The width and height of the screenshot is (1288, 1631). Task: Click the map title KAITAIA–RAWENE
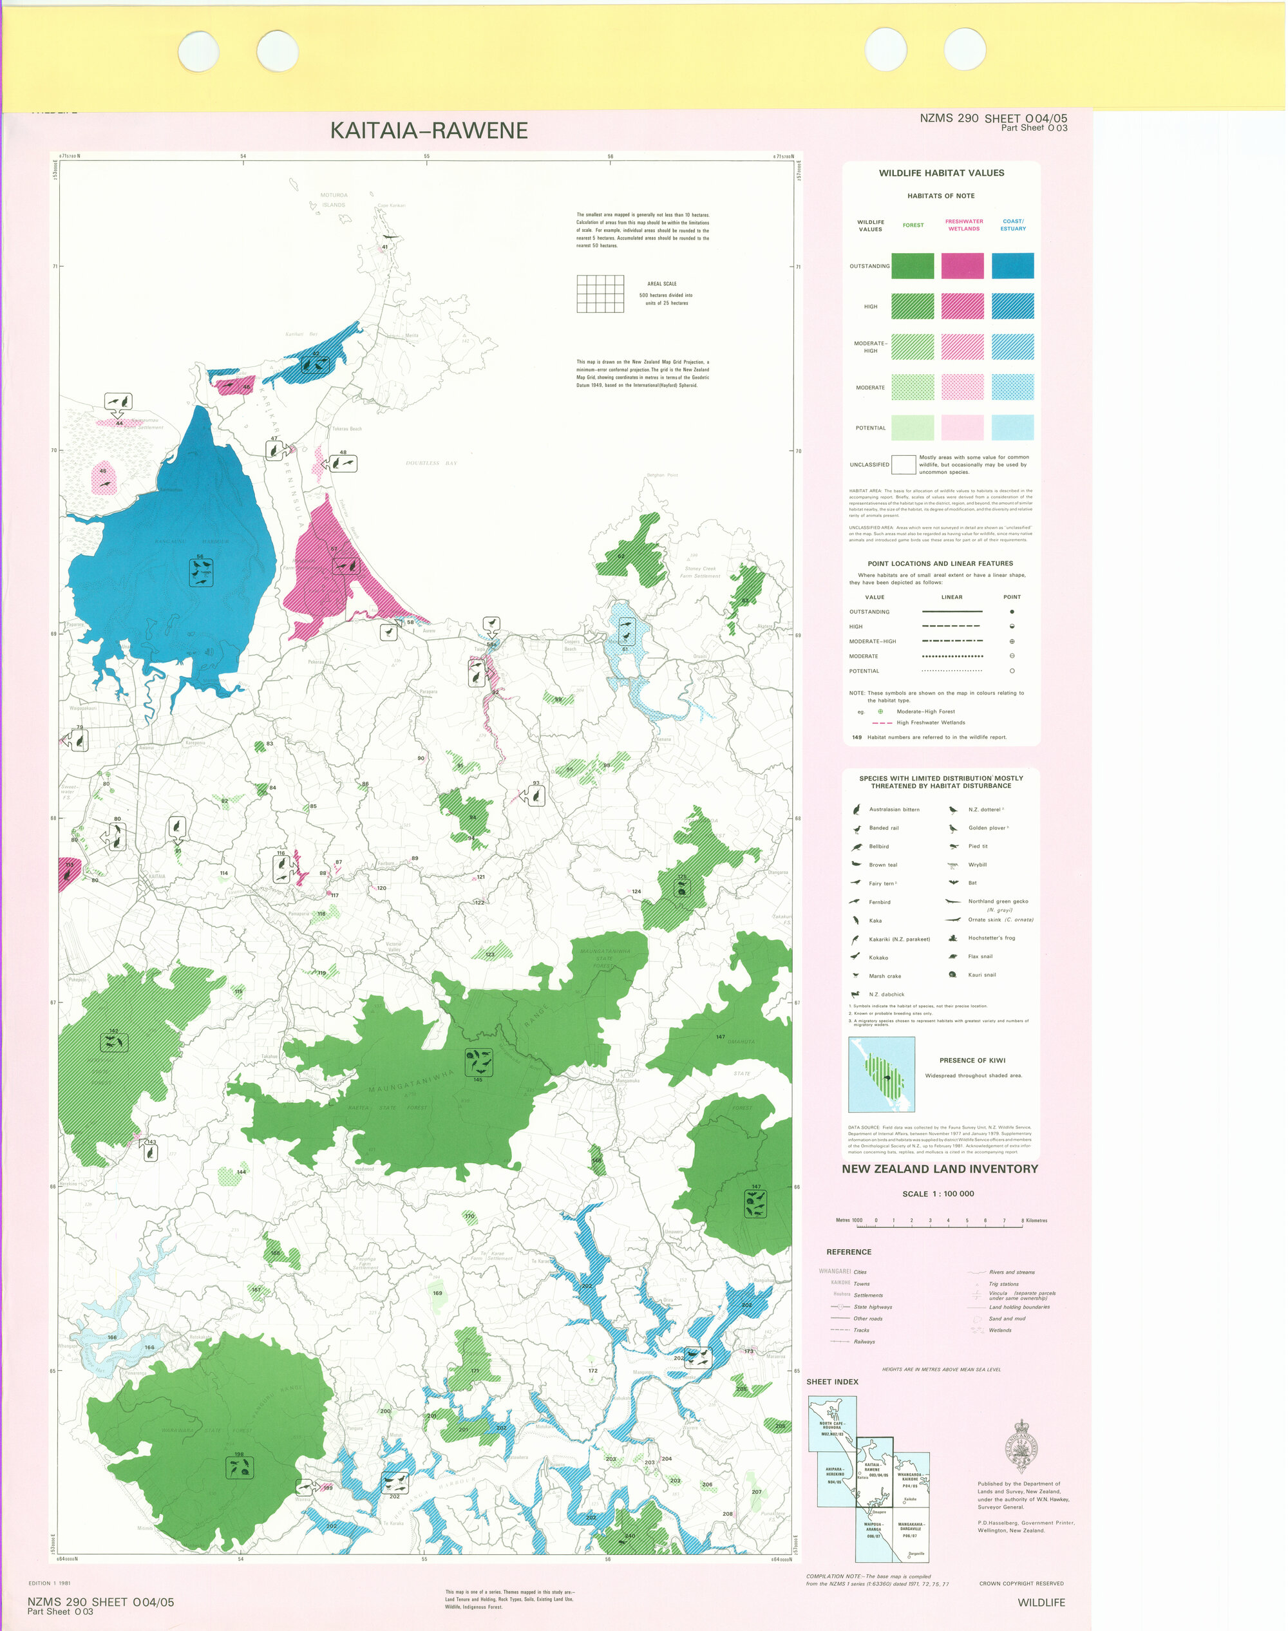pyautogui.click(x=428, y=131)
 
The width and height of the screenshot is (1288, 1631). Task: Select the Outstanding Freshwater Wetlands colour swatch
pyautogui.click(x=962, y=265)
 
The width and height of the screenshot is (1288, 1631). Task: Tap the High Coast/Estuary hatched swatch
pyautogui.click(x=1012, y=306)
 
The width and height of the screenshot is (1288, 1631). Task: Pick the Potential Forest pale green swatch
pyautogui.click(x=913, y=428)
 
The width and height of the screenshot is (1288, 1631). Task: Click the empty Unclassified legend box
pyautogui.click(x=903, y=464)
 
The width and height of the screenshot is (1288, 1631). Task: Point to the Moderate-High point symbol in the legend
pyautogui.click(x=1011, y=641)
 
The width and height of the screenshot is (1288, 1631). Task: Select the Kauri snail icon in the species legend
pyautogui.click(x=952, y=975)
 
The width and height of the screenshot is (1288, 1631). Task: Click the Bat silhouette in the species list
pyautogui.click(x=952, y=882)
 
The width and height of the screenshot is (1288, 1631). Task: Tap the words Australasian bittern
pyautogui.click(x=894, y=809)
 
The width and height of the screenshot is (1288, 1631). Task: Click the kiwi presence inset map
pyautogui.click(x=882, y=1074)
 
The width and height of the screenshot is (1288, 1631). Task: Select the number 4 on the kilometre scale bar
pyautogui.click(x=948, y=1220)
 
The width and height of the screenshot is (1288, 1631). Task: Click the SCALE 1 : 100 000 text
pyautogui.click(x=938, y=1194)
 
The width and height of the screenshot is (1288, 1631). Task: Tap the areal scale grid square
pyautogui.click(x=600, y=294)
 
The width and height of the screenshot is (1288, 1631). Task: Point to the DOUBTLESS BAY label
pyautogui.click(x=431, y=463)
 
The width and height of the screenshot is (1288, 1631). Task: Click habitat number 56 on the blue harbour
pyautogui.click(x=200, y=556)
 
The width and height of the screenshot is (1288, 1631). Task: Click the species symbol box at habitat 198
pyautogui.click(x=239, y=1467)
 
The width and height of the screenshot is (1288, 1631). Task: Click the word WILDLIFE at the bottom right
pyautogui.click(x=1041, y=1602)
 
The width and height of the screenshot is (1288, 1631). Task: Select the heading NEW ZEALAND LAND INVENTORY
pyautogui.click(x=940, y=1169)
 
